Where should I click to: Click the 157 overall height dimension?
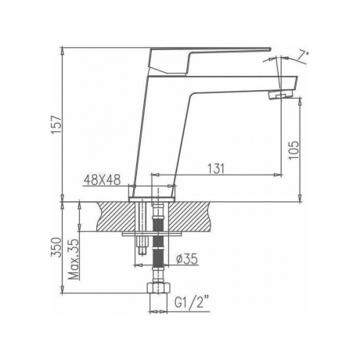[x=57, y=124]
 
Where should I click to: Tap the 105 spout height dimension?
[x=293, y=150]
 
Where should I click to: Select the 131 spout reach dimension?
[x=216, y=169]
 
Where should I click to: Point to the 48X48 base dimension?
[x=103, y=180]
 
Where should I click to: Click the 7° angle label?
[x=304, y=55]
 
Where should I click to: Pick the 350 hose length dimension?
[x=56, y=247]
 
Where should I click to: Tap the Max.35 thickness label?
[x=74, y=259]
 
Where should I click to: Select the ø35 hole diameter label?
[x=187, y=259]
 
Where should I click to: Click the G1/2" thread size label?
[x=193, y=304]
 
